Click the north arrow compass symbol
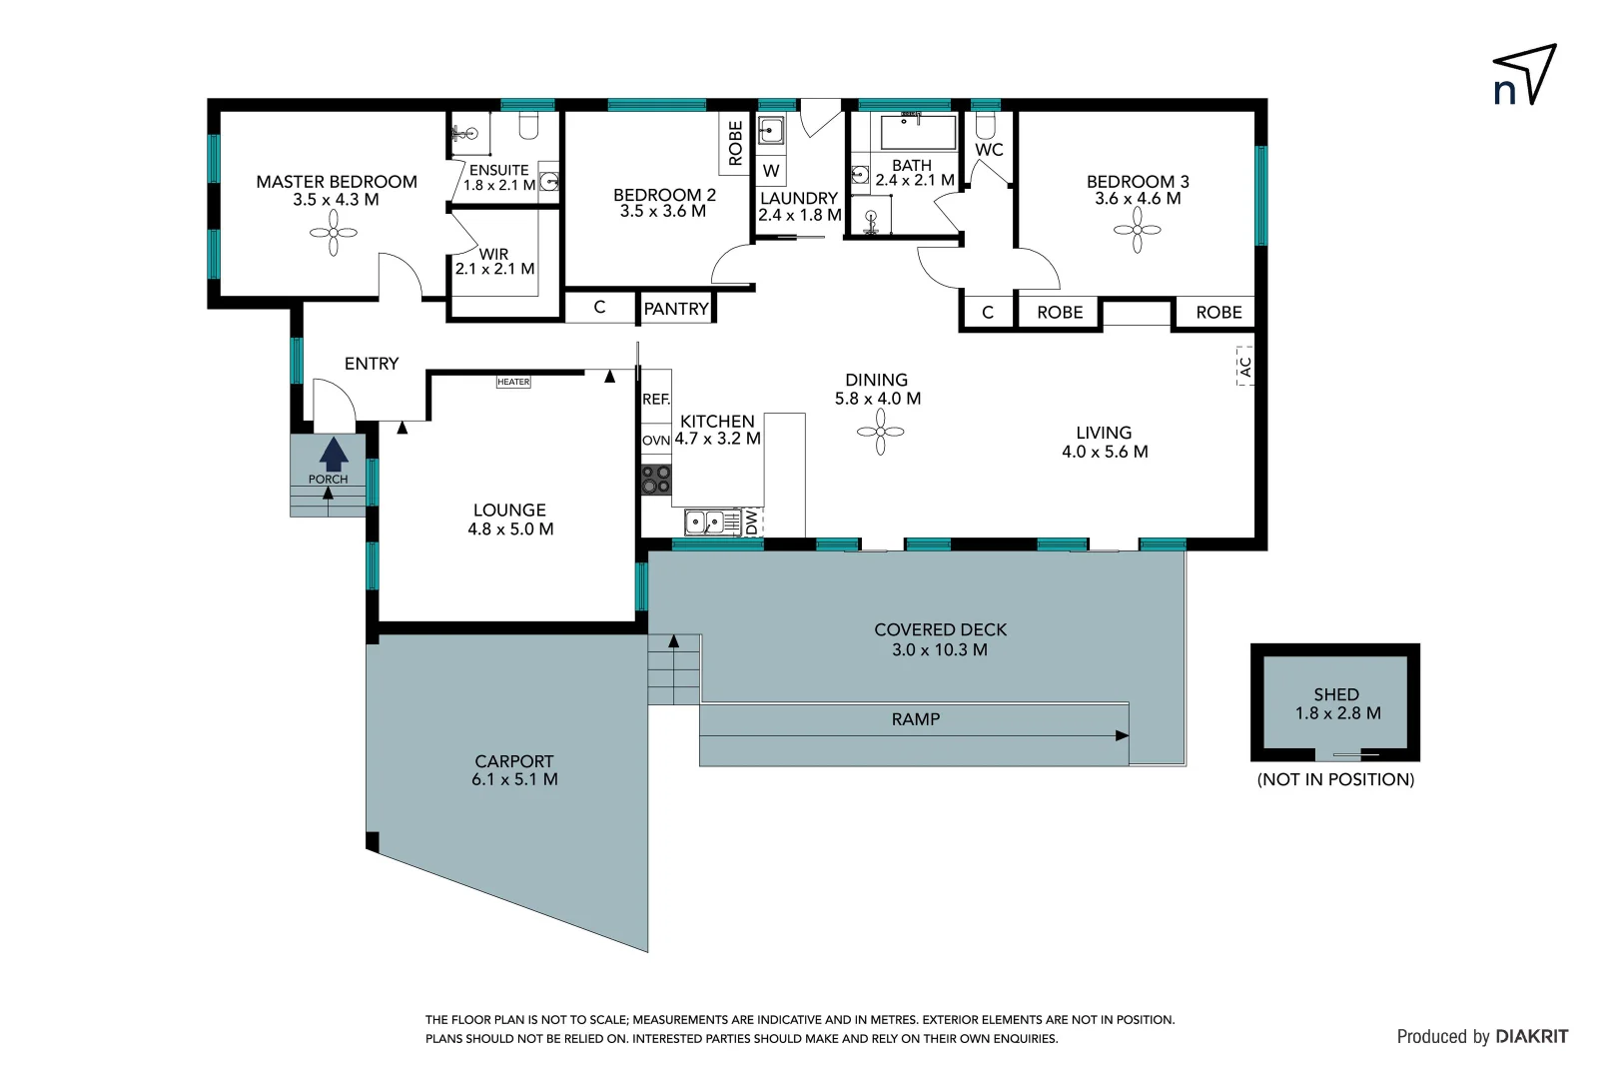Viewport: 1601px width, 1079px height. (1525, 76)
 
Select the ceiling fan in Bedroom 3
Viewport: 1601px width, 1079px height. (1137, 231)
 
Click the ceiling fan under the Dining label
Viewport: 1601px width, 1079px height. (880, 433)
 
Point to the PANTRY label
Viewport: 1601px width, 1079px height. (676, 309)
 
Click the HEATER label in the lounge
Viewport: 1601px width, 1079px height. (513, 382)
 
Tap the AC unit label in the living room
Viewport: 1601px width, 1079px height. (1244, 367)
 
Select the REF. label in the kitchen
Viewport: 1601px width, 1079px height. (655, 399)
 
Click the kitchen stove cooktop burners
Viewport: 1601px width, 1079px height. (656, 480)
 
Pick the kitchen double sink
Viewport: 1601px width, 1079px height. (705, 522)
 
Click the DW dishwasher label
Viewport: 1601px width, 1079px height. (752, 522)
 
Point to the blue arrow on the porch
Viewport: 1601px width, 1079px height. (334, 455)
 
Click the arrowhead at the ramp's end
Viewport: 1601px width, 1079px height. (1122, 735)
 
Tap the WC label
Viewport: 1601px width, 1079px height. (989, 150)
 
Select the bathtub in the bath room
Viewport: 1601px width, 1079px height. (918, 131)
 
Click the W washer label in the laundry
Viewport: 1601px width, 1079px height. (771, 171)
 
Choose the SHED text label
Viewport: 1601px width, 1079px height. (1335, 694)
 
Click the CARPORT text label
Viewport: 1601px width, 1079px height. (513, 761)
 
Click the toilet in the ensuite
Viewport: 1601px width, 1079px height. (528, 126)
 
